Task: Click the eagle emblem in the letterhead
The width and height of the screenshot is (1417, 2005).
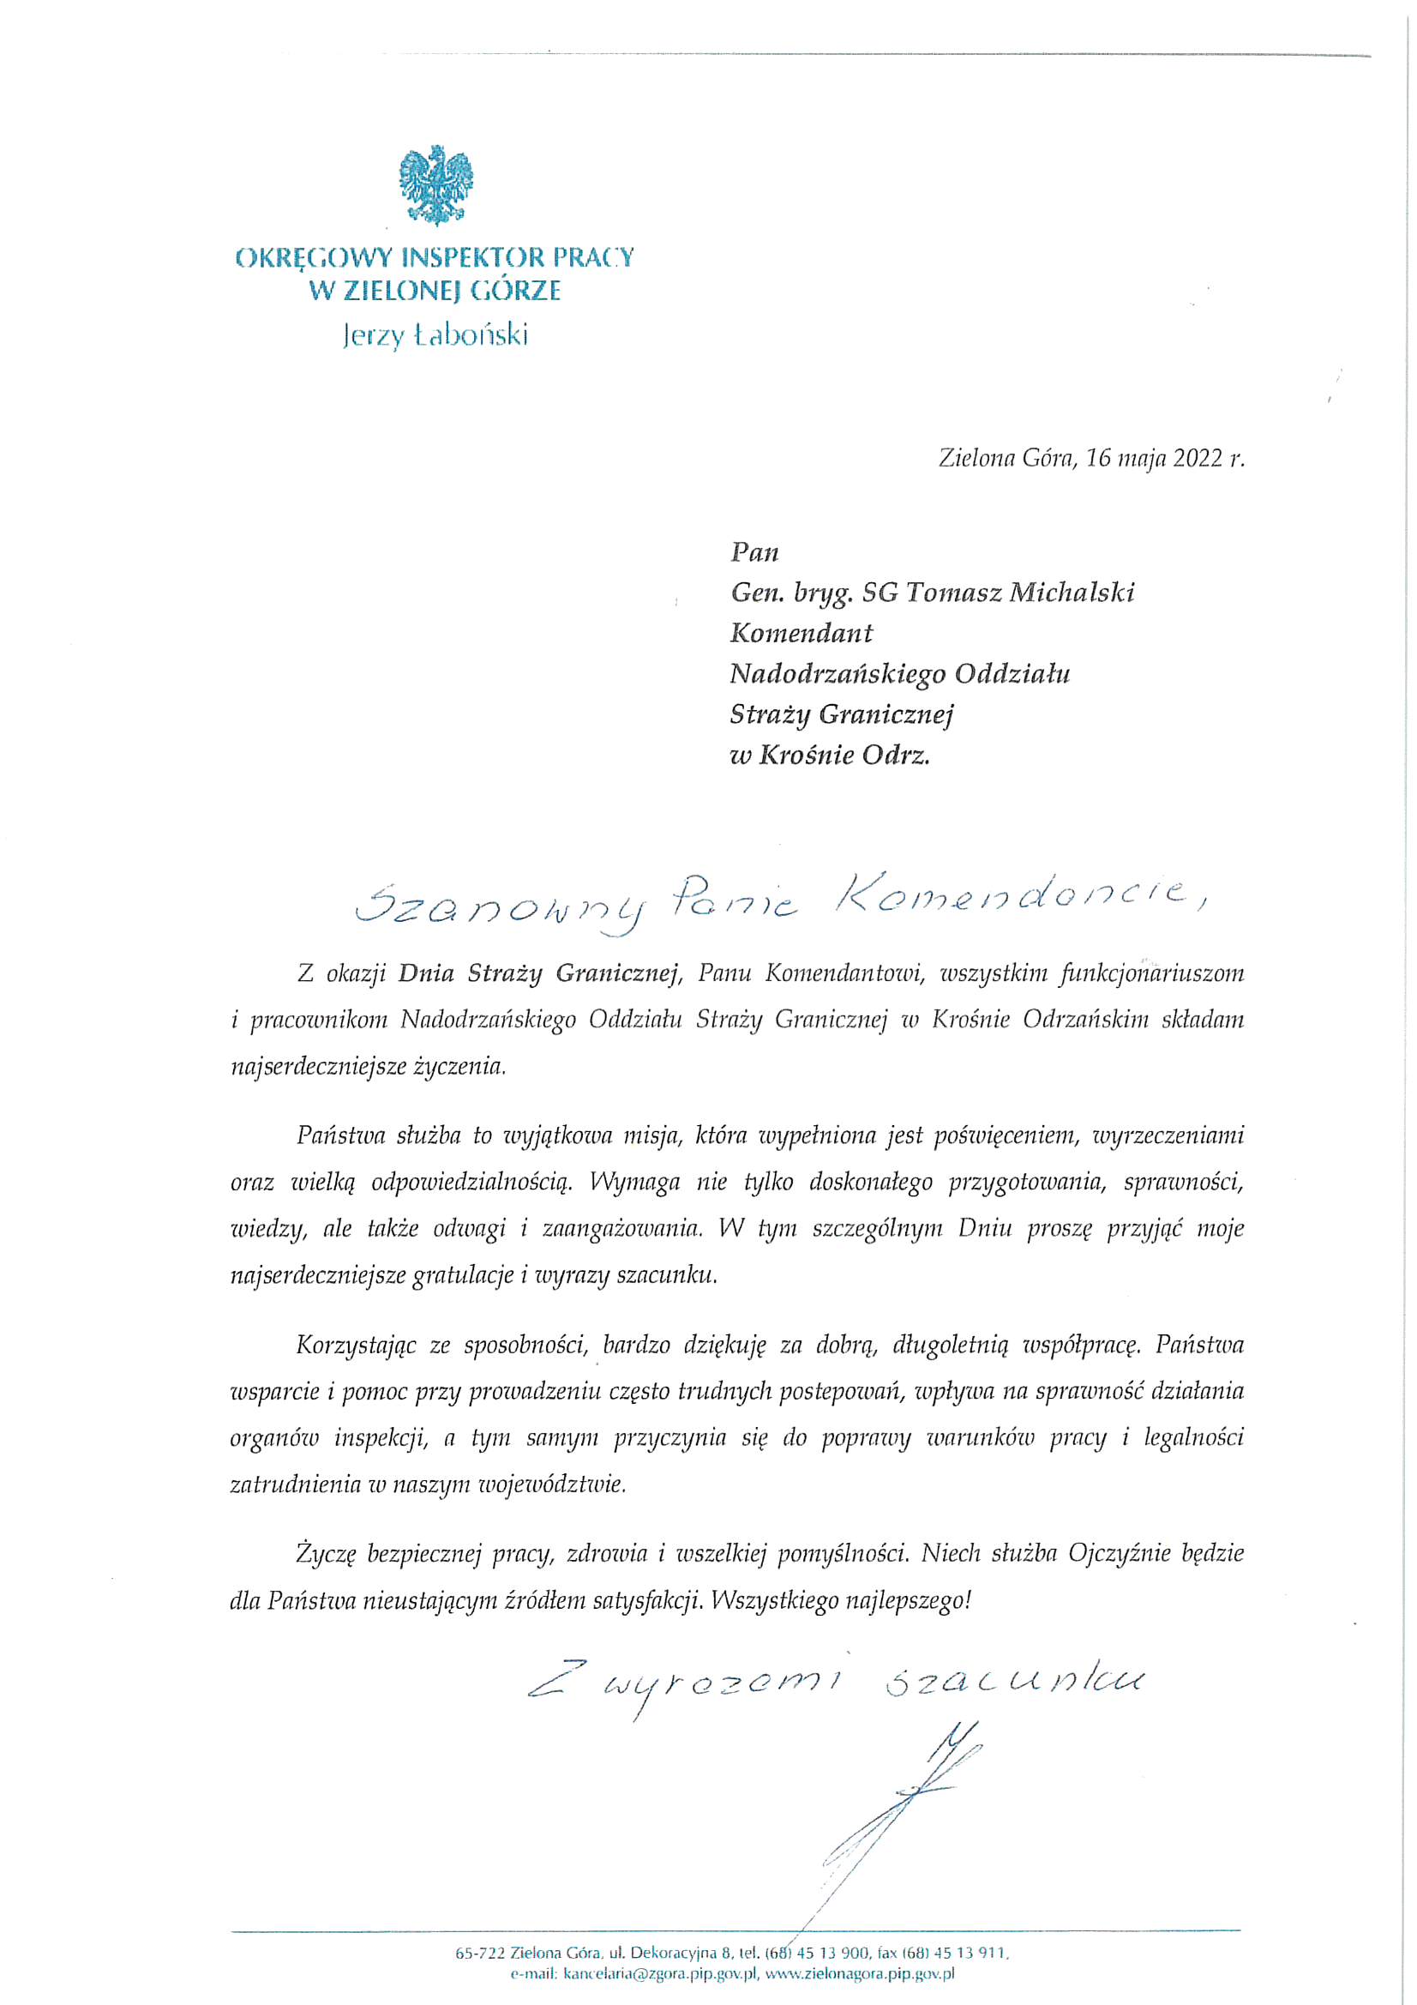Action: pos(435,185)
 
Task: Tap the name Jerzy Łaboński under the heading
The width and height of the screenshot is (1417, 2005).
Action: pos(435,336)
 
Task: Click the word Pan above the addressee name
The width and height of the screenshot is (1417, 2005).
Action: pos(754,553)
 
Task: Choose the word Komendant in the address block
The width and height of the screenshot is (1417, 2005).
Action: pos(801,633)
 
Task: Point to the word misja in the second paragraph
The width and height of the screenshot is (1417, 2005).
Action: pos(651,1136)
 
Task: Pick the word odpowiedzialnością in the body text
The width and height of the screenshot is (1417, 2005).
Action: pos(471,1183)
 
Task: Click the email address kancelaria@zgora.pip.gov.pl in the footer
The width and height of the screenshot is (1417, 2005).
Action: pos(660,1973)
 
